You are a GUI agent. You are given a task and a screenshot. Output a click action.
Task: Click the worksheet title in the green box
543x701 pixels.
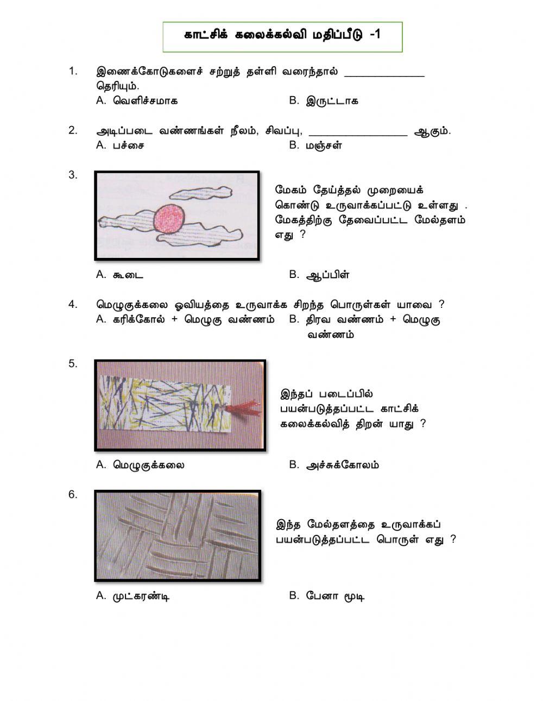click(282, 35)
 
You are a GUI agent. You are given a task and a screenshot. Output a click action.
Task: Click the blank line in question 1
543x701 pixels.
click(384, 76)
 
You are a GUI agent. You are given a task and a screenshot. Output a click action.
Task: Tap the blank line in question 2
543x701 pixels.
click(358, 135)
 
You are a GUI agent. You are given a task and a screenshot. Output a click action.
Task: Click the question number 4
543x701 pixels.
click(73, 305)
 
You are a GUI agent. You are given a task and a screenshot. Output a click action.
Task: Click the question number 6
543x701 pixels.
click(73, 495)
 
